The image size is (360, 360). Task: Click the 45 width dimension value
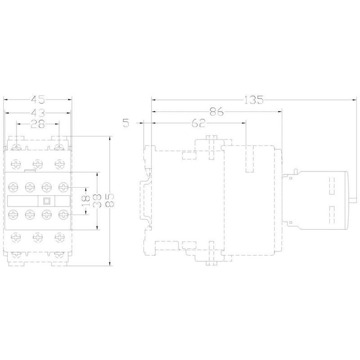(38, 99)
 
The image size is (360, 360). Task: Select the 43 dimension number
(38, 113)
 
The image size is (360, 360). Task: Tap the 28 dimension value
(38, 124)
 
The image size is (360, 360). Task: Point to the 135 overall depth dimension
(253, 100)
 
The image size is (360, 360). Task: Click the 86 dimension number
(216, 112)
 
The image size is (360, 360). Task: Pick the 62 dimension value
(198, 123)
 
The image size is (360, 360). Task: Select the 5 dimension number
(126, 123)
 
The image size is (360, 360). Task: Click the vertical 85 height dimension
(110, 201)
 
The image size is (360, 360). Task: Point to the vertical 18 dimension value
(86, 201)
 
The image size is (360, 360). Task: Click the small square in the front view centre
(46, 201)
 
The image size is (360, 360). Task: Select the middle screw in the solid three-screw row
(38, 164)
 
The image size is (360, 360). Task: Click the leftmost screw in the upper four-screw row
(13, 187)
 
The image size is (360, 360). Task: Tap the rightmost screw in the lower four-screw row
(63, 215)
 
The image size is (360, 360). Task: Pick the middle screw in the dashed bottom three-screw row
(38, 237)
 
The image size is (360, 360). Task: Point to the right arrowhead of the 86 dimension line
(280, 112)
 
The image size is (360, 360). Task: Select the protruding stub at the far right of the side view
(352, 201)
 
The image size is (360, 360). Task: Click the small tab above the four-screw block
(30, 171)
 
